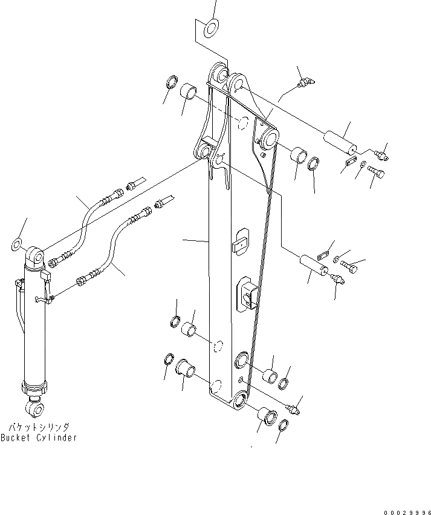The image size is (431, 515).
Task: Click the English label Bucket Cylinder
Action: pos(39,438)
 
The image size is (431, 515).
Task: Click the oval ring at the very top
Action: pos(212,26)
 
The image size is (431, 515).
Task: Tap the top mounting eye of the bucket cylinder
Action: pos(36,257)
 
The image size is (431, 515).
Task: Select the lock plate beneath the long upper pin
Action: pos(349,161)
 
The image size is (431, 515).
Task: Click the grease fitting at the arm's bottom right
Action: pos(295,410)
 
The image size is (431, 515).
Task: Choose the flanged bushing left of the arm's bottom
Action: pos(184,367)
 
